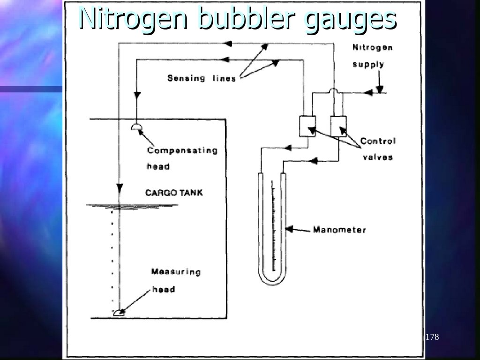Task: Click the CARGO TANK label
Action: (x=174, y=193)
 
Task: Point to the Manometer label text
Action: (x=339, y=230)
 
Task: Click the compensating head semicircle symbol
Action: (x=136, y=127)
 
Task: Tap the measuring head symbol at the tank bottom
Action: (x=119, y=313)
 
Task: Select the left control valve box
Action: (x=307, y=126)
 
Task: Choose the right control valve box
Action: (x=338, y=126)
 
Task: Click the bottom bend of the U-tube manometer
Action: (x=272, y=280)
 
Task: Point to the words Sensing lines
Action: (x=202, y=78)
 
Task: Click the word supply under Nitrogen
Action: (x=368, y=64)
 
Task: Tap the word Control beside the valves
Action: (x=378, y=141)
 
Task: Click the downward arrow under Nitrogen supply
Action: (x=380, y=88)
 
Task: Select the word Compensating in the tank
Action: (x=182, y=151)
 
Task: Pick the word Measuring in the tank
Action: (x=176, y=272)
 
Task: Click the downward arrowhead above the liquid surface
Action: (x=120, y=188)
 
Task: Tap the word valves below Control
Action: (x=378, y=157)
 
